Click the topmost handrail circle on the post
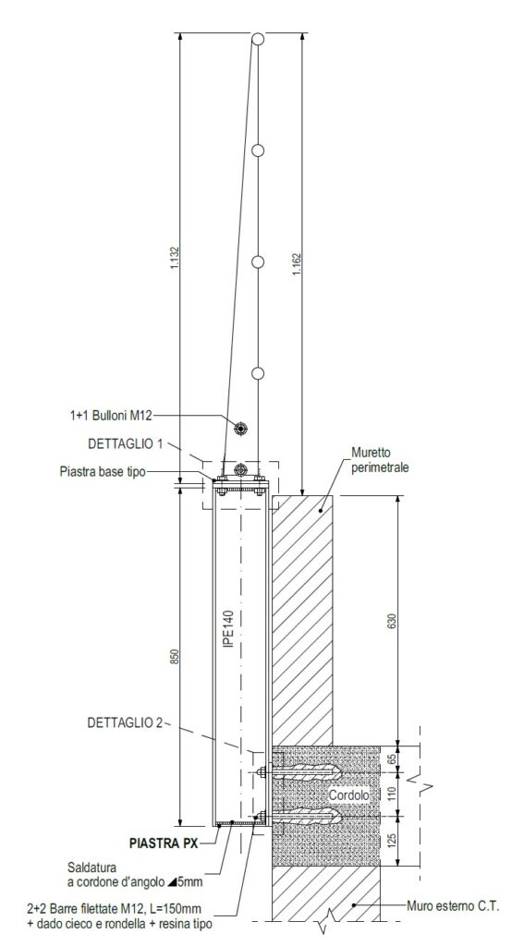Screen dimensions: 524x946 tap(258, 39)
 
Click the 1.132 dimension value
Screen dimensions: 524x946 tap(175, 257)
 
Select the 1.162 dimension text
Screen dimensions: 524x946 tap(296, 263)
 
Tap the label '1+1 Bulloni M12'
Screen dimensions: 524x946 tap(110, 415)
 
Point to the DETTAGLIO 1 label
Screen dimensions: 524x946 tap(126, 443)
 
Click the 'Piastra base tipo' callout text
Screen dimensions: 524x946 tap(103, 472)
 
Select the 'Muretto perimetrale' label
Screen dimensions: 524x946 tap(380, 460)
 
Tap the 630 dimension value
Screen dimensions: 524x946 tap(392, 621)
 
